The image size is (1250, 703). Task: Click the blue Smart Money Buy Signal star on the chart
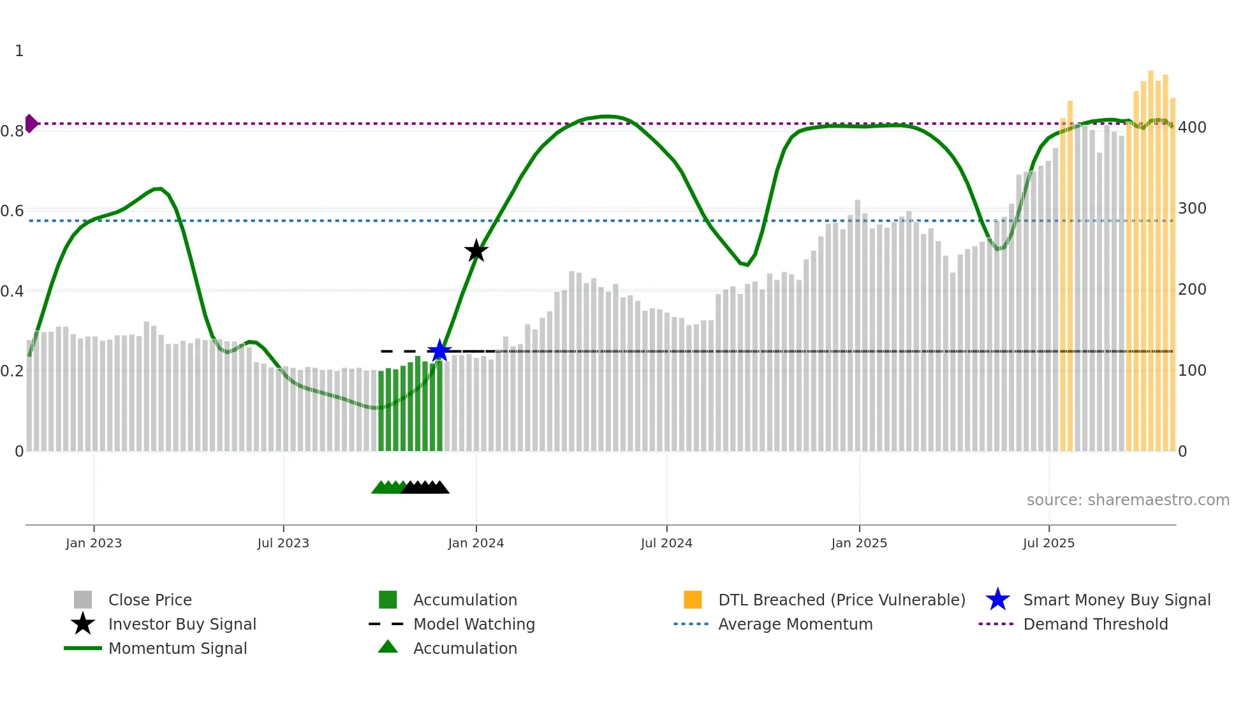pyautogui.click(x=439, y=351)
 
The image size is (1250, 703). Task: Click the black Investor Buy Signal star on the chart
pyautogui.click(x=476, y=251)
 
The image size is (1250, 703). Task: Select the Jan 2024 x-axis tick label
pyautogui.click(x=476, y=543)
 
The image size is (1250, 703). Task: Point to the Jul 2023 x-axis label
pyautogui.click(x=283, y=543)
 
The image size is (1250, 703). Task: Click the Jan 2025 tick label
pyautogui.click(x=859, y=543)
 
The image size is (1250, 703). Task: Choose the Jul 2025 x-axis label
pyautogui.click(x=1048, y=543)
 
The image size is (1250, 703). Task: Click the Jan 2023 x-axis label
pyautogui.click(x=94, y=543)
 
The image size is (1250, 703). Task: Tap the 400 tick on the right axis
pyautogui.click(x=1192, y=128)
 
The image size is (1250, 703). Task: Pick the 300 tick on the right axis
pyautogui.click(x=1192, y=209)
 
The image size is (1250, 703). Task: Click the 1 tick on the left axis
pyautogui.click(x=19, y=51)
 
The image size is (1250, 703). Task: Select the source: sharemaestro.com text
pyautogui.click(x=1128, y=500)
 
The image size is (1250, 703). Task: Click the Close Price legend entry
pyautogui.click(x=150, y=600)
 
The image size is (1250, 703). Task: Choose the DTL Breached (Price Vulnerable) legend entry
pyautogui.click(x=841, y=600)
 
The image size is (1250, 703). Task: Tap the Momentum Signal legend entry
pyautogui.click(x=177, y=648)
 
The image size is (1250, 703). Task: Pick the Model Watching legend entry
pyautogui.click(x=474, y=624)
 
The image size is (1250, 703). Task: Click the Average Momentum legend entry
pyautogui.click(x=795, y=624)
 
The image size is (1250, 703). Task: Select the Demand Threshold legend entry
pyautogui.click(x=1095, y=624)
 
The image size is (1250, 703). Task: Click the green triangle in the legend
pyautogui.click(x=388, y=647)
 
